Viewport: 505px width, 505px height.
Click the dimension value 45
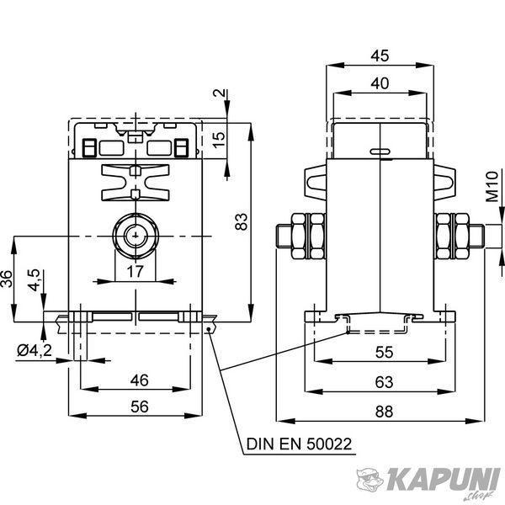(380, 56)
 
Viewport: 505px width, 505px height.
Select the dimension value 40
(380, 83)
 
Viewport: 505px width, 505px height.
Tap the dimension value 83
(242, 222)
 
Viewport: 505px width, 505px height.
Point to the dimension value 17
(135, 271)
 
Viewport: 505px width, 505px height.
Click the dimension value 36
(7, 279)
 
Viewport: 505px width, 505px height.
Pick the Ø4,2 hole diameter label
(35, 350)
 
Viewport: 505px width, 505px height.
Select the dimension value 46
(140, 380)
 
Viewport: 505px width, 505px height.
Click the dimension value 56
(140, 407)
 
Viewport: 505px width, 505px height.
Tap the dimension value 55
(385, 353)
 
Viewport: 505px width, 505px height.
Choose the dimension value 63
(385, 382)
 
